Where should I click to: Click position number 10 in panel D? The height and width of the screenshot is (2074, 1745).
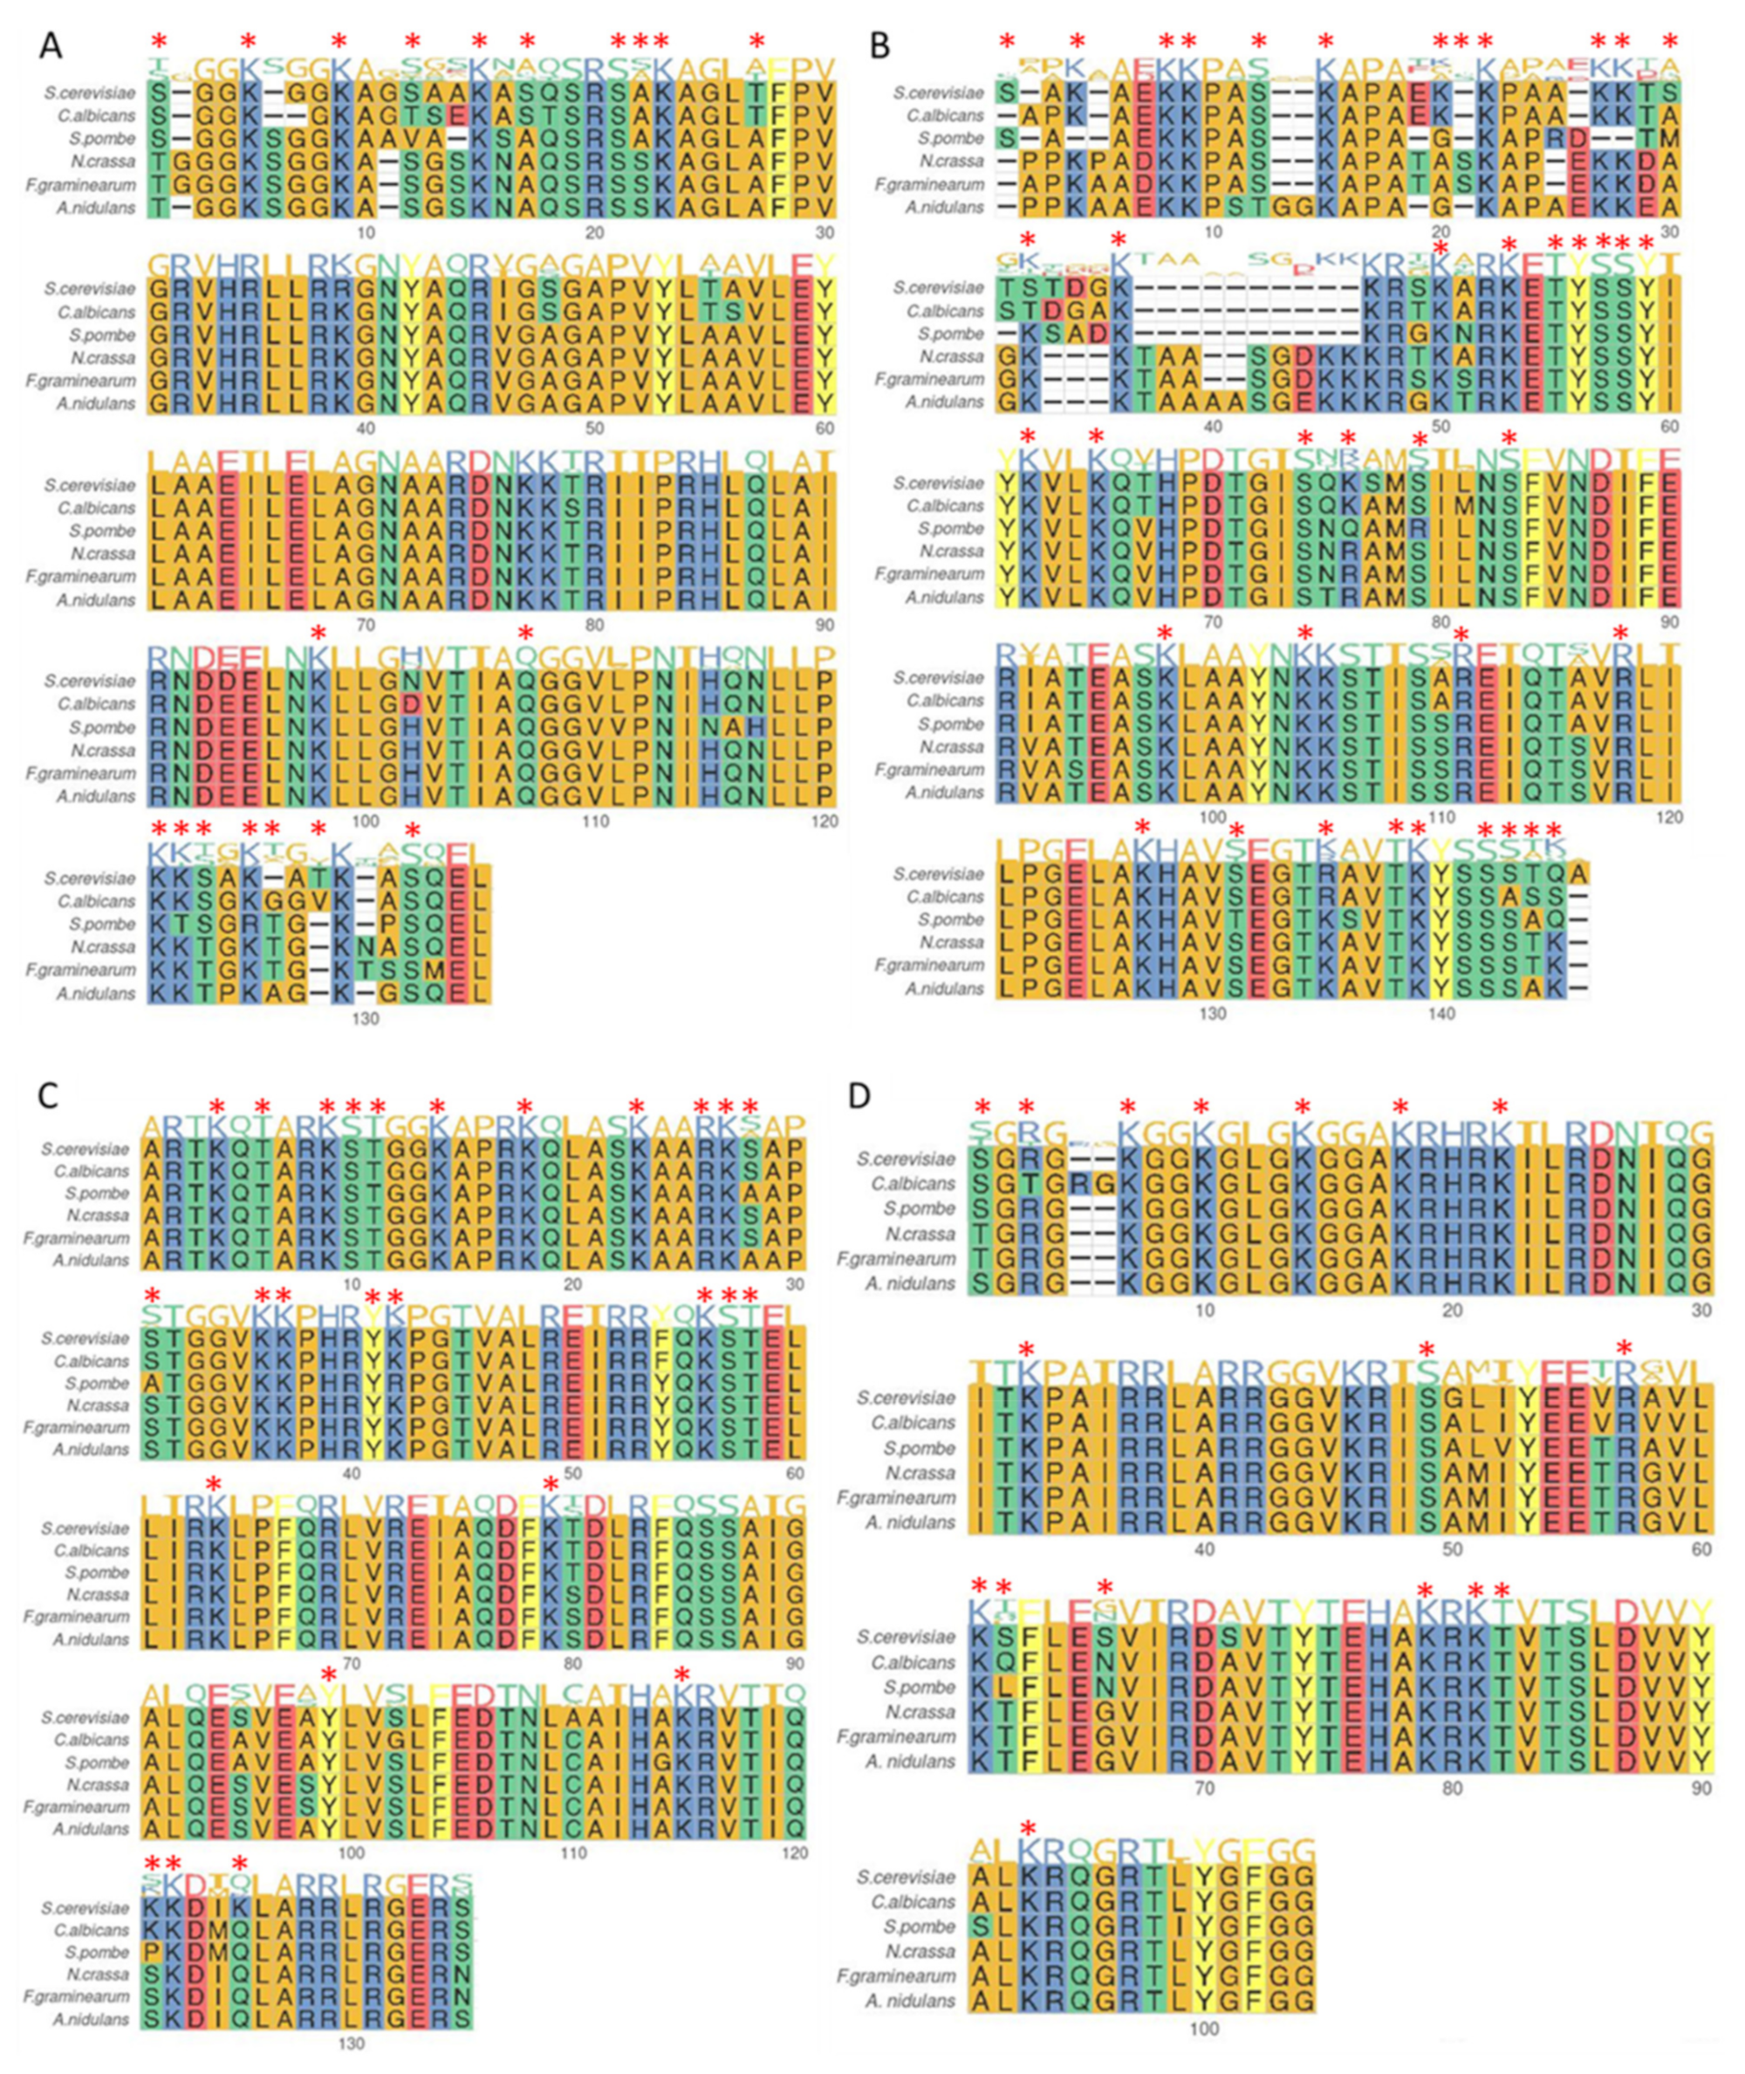click(1204, 1311)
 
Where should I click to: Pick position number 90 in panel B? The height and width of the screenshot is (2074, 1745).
click(1669, 622)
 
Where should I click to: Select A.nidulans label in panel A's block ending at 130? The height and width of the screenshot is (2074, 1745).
click(95, 992)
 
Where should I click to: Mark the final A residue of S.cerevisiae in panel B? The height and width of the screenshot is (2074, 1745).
click(1579, 874)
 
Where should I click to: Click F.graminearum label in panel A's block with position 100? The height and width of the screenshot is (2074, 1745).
click(81, 773)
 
